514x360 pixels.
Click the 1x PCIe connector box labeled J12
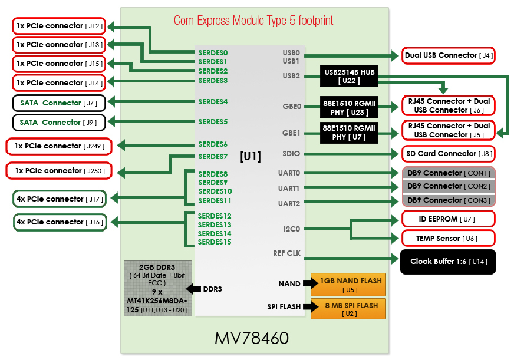pyautogui.click(x=58, y=26)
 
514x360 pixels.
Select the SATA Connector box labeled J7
pyautogui.click(x=58, y=103)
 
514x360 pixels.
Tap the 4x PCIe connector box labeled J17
pyautogui.click(x=60, y=199)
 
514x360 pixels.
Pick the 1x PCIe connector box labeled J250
pyautogui.click(x=58, y=171)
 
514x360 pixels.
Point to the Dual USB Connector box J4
pyautogui.click(x=448, y=55)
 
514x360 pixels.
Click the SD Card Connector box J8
pyautogui.click(x=448, y=154)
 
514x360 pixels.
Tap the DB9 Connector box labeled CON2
pyautogui.click(x=448, y=186)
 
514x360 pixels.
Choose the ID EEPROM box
pyautogui.click(x=448, y=219)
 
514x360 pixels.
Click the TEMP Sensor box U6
pyautogui.click(x=448, y=239)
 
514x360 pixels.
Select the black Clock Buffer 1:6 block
pyautogui.click(x=448, y=262)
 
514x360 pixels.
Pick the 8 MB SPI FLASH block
pyautogui.click(x=348, y=309)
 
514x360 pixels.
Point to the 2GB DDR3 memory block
pyautogui.click(x=158, y=288)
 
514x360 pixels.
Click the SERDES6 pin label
pyautogui.click(x=213, y=144)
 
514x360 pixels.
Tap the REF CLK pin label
pyautogui.click(x=287, y=253)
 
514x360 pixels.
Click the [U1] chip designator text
pyautogui.click(x=250, y=157)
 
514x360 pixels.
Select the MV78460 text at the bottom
pyautogui.click(x=252, y=339)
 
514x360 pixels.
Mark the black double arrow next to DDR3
pyautogui.click(x=193, y=289)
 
